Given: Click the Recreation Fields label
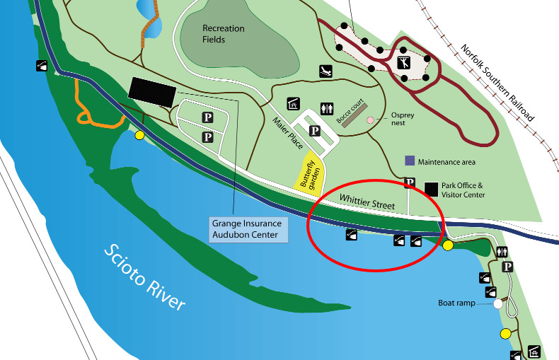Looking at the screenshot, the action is (x=223, y=34).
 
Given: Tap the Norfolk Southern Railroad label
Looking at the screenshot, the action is (x=497, y=83).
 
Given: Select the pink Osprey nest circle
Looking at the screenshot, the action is (x=370, y=120).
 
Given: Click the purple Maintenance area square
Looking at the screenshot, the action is (x=410, y=161).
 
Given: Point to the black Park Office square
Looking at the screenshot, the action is (x=431, y=190).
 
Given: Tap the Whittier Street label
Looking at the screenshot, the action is (x=367, y=202).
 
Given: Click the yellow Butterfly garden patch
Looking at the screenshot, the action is (x=309, y=174).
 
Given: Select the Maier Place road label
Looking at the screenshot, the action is (x=287, y=133).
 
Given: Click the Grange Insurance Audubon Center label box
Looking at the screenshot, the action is (x=248, y=230).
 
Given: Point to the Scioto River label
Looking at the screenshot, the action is (x=144, y=277).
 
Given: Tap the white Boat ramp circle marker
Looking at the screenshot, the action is (x=498, y=304).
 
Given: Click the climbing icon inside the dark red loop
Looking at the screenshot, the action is (x=404, y=63).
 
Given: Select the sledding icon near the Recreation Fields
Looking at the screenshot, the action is (x=325, y=71).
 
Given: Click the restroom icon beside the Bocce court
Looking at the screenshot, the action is (x=327, y=109).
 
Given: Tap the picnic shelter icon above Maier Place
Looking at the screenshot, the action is (x=294, y=104).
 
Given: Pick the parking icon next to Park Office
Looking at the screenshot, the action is (x=410, y=182).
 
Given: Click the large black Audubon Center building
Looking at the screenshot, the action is (x=152, y=92).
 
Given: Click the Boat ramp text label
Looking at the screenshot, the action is (x=456, y=303).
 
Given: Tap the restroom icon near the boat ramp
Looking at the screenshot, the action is (x=502, y=252).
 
